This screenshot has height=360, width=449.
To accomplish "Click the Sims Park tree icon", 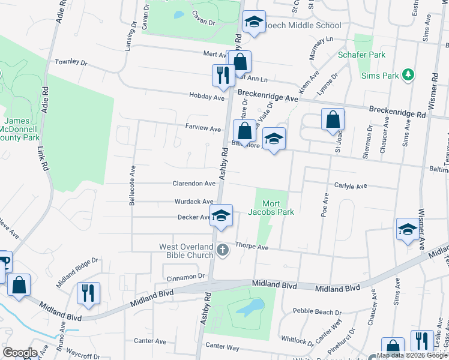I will (408, 74).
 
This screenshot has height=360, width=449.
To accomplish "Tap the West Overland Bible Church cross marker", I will (223, 249).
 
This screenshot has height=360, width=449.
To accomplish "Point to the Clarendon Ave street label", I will (194, 184).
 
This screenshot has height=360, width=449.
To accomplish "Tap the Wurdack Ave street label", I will (194, 202).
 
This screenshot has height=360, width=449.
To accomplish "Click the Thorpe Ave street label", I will (252, 247).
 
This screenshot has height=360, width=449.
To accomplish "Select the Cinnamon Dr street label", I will (186, 277).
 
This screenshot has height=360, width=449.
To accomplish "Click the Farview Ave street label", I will (203, 128).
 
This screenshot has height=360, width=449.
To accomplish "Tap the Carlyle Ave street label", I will (351, 187).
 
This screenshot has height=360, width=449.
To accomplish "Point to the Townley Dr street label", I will (71, 62).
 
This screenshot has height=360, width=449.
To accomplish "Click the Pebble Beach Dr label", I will (317, 312).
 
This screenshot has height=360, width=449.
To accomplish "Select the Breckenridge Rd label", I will (397, 111).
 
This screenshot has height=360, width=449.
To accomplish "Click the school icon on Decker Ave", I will (221, 217).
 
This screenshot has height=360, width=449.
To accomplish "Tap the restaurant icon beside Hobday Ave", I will (220, 75).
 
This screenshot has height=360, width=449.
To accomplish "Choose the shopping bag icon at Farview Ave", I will (244, 130).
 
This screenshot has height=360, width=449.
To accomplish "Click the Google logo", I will (20, 353).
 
